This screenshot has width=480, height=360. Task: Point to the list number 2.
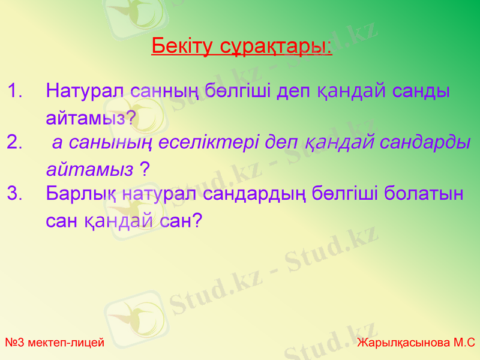16,143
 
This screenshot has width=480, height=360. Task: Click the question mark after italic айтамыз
145,169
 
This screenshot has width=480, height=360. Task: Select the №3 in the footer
15,343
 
